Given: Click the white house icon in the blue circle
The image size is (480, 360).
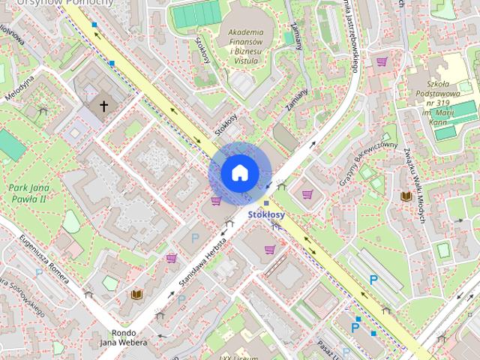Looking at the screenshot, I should (x=238, y=173).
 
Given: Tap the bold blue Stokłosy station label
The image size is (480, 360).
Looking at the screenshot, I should (x=266, y=215).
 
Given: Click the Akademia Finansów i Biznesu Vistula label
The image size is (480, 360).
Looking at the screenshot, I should (x=244, y=46).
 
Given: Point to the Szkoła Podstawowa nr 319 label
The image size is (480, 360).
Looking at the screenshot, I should (x=437, y=93).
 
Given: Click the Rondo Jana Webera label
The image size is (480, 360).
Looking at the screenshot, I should (x=121, y=338).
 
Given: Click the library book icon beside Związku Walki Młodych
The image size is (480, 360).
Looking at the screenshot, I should (x=406, y=196).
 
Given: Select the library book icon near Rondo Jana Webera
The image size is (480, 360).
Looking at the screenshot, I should (x=136, y=295).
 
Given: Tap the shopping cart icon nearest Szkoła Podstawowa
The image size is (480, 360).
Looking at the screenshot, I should (x=382, y=61).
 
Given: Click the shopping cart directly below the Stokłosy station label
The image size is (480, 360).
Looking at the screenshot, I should (x=269, y=250).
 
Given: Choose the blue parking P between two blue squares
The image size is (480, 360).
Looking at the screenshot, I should (x=355, y=328).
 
